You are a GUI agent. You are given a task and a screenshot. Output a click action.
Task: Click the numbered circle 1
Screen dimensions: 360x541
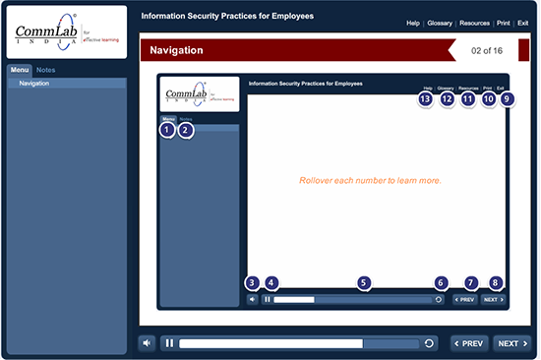pos(167,130)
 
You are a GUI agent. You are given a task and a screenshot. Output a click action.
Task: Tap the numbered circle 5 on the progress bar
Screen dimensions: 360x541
pos(365,283)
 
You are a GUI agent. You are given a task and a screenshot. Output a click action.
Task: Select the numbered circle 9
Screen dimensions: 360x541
pos(507,99)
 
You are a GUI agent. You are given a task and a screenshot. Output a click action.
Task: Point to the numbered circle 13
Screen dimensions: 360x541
pos(425,99)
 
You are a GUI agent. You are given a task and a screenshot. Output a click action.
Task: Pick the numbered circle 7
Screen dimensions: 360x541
pos(470,283)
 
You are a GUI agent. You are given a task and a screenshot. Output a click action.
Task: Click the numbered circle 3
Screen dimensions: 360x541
pos(253,283)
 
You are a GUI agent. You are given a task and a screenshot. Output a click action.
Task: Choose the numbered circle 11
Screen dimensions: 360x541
pos(467,99)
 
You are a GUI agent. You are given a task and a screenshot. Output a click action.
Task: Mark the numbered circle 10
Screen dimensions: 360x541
pos(489,99)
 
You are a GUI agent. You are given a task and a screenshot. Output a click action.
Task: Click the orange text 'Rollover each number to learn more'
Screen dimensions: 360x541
pos(369,181)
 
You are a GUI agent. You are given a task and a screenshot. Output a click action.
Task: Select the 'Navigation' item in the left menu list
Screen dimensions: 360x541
pos(34,84)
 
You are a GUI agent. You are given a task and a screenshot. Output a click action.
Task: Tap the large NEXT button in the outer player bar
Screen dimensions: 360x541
pos(510,343)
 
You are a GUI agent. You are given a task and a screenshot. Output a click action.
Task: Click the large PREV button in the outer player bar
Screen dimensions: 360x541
pos(468,343)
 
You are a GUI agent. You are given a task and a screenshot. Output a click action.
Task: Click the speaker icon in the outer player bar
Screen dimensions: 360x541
pos(147,343)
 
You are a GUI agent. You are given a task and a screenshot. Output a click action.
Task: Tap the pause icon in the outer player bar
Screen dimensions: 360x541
pos(170,343)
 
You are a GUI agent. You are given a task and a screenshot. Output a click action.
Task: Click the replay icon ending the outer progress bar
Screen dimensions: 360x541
pos(429,343)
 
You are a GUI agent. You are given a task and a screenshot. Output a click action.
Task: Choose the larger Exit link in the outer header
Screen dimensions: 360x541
pos(522,22)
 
